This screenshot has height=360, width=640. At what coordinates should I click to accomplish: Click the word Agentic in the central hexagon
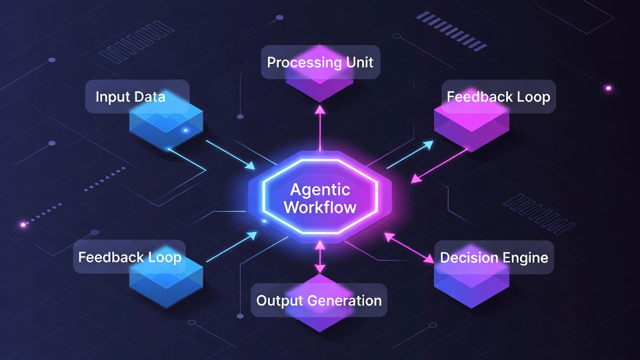pyautogui.click(x=320, y=190)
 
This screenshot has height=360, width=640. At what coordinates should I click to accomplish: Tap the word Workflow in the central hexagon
pyautogui.click(x=320, y=207)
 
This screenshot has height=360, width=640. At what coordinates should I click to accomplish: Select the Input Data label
pyautogui.click(x=130, y=96)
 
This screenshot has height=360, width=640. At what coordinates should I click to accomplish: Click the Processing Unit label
pyautogui.click(x=320, y=62)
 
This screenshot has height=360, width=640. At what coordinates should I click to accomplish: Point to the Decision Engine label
pyautogui.click(x=494, y=257)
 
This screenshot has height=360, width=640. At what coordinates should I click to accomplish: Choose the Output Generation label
pyautogui.click(x=319, y=300)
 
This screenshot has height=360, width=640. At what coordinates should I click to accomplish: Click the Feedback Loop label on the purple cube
pyautogui.click(x=498, y=96)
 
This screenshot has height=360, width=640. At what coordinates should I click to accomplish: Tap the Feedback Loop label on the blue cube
pyautogui.click(x=129, y=257)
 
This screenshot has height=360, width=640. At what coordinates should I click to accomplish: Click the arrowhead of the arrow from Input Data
pyautogui.click(x=250, y=165)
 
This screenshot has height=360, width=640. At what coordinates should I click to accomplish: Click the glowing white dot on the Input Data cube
pyautogui.click(x=185, y=130)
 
